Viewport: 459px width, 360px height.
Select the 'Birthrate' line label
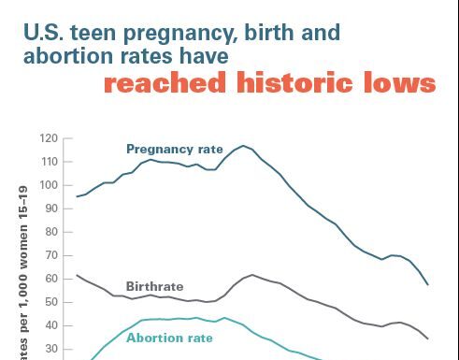point(154,286)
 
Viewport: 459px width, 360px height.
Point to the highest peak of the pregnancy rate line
point(244,145)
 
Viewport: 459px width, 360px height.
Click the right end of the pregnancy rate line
point(428,284)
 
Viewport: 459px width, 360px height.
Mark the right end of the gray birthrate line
point(428,338)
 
